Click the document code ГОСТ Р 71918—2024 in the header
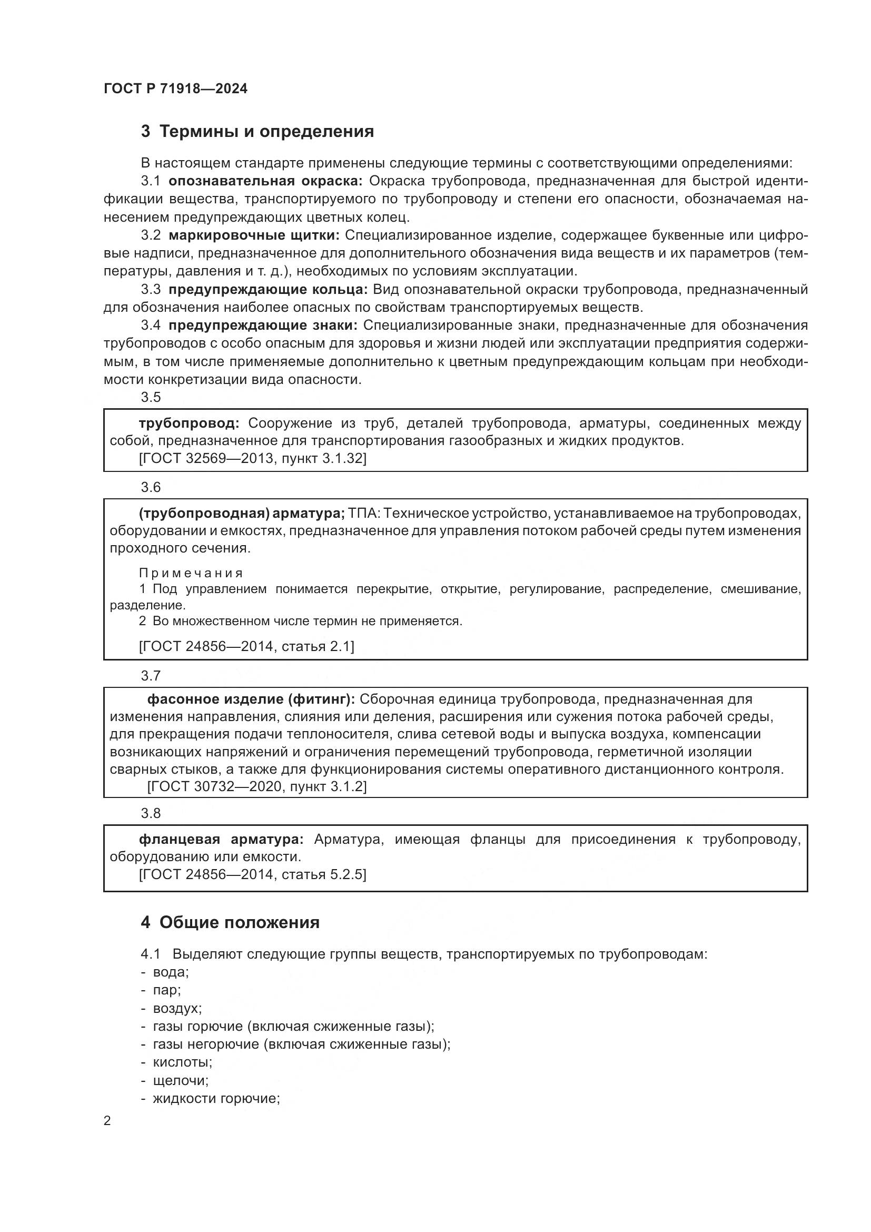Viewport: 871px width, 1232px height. [x=175, y=89]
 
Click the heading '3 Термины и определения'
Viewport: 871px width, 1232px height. [x=257, y=132]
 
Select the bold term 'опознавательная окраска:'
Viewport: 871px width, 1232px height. [x=265, y=181]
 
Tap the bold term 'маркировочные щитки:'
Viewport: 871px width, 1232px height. [x=254, y=235]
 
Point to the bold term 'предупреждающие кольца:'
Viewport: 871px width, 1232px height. [x=268, y=290]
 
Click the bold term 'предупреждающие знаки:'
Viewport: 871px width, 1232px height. [x=263, y=326]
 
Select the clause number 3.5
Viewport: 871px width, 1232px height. [x=151, y=397]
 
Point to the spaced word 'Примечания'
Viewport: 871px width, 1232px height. [x=191, y=573]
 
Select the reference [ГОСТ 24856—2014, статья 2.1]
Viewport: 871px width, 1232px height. [x=246, y=646]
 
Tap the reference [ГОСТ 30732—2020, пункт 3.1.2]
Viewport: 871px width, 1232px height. [x=257, y=786]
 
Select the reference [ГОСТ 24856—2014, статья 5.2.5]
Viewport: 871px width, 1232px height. [x=253, y=875]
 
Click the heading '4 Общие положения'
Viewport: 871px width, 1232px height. [x=230, y=922]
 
